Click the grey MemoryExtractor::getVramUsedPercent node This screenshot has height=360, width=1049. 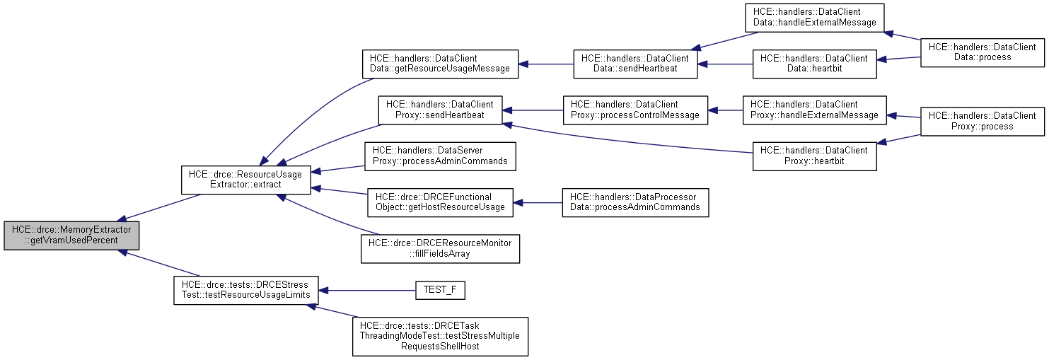pos(71,236)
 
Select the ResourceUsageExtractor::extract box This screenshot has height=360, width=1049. pos(245,180)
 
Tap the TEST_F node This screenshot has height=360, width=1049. pos(440,290)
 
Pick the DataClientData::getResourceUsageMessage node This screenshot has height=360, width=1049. pos(440,63)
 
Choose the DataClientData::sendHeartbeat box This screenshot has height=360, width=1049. pos(634,63)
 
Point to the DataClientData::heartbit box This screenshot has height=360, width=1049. pos(814,63)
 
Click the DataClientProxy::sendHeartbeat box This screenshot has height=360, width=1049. pos(440,110)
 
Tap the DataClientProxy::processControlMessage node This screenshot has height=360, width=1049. pos(634,110)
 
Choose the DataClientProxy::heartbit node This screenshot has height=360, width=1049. pos(814,156)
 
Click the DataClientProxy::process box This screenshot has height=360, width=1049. pos(981,121)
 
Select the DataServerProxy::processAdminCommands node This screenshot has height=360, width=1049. pos(440,156)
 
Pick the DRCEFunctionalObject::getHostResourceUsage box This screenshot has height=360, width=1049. pos(440,202)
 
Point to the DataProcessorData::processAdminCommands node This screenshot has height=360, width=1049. pos(634,202)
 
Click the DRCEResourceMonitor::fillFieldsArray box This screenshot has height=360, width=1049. pos(440,248)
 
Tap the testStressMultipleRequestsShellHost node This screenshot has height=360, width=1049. pos(440,336)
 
